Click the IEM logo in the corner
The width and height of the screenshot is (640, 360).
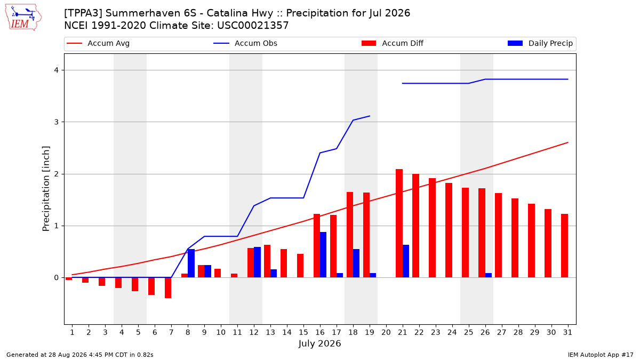click(23, 17)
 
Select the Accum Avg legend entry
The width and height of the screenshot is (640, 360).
click(98, 43)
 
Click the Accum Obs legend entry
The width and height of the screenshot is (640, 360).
click(245, 43)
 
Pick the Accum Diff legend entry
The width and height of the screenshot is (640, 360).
click(393, 43)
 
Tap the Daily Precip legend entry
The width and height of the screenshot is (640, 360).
click(540, 43)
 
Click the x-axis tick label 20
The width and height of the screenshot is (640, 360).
click(386, 332)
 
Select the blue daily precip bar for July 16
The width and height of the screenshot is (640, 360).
click(323, 254)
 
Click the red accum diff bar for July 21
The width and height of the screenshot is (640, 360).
click(399, 223)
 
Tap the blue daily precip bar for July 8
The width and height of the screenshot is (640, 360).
click(191, 263)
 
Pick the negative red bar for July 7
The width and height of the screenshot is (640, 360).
click(168, 287)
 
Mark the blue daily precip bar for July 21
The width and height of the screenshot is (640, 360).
click(406, 261)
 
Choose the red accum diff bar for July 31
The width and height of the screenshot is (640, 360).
click(564, 246)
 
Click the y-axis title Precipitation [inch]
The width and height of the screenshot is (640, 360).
click(46, 189)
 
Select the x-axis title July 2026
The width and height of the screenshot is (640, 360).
click(319, 343)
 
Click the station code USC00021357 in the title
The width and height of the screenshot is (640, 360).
click(253, 26)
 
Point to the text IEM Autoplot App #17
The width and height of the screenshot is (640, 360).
click(601, 355)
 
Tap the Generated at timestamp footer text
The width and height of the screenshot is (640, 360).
click(79, 355)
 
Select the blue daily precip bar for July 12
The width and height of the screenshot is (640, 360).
click(257, 262)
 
